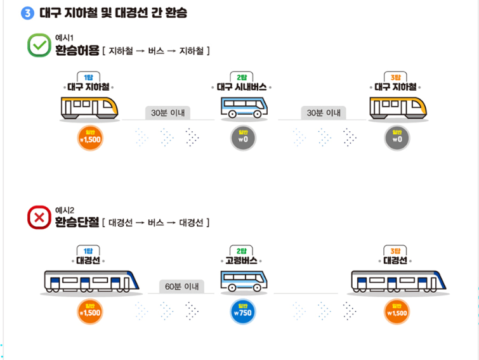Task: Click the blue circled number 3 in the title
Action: pos(27,13)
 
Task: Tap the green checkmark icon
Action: pos(39,46)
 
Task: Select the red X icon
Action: pos(39,218)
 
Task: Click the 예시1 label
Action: pos(65,37)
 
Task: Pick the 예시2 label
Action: pos(65,210)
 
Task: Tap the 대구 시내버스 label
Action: pos(244,87)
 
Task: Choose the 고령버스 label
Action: pos(244,260)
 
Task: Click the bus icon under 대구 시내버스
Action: pos(244,107)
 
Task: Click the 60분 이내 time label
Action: pos(181,286)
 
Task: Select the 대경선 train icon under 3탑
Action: pos(399,281)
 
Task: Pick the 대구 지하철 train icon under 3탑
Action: pos(398,107)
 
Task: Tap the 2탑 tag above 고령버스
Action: pos(244,250)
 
